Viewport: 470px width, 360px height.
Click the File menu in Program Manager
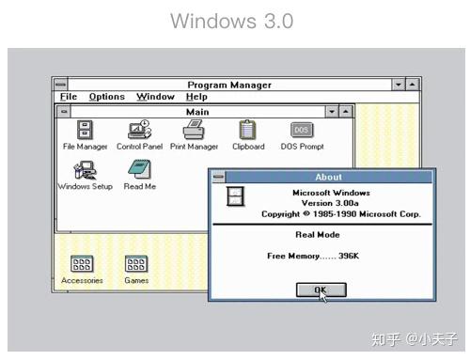click(69, 97)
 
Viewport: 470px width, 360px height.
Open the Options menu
click(106, 97)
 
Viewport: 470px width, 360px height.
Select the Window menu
click(155, 97)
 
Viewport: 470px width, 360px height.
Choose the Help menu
click(196, 97)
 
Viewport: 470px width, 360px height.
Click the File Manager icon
click(85, 131)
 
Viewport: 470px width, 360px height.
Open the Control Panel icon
click(139, 131)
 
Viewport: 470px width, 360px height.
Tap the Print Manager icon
click(194, 131)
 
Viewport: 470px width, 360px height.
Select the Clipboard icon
click(247, 131)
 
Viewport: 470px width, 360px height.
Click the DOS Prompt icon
click(302, 131)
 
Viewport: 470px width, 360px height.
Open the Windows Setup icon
click(85, 170)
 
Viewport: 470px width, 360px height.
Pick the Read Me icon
click(139, 170)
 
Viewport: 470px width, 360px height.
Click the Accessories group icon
click(82, 265)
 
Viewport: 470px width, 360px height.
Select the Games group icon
click(136, 265)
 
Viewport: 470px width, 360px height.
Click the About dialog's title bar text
click(329, 177)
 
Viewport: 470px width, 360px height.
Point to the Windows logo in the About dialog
click(237, 196)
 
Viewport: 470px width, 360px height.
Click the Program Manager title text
click(229, 85)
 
